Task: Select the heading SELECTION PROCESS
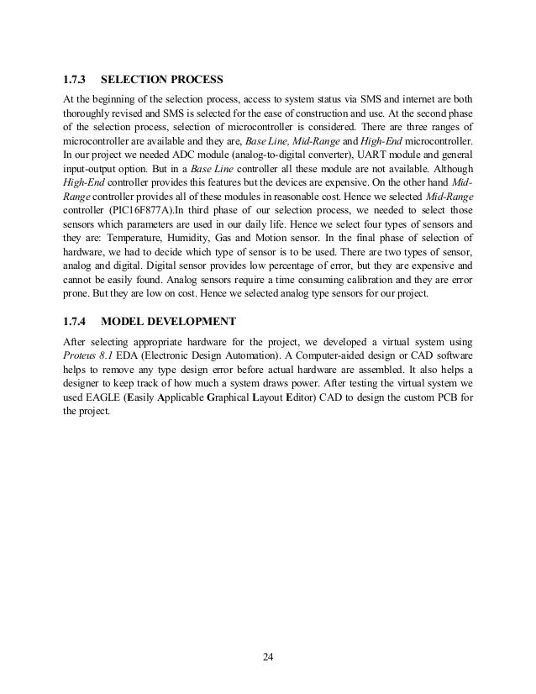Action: tap(161, 81)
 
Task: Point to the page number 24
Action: tap(267, 655)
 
